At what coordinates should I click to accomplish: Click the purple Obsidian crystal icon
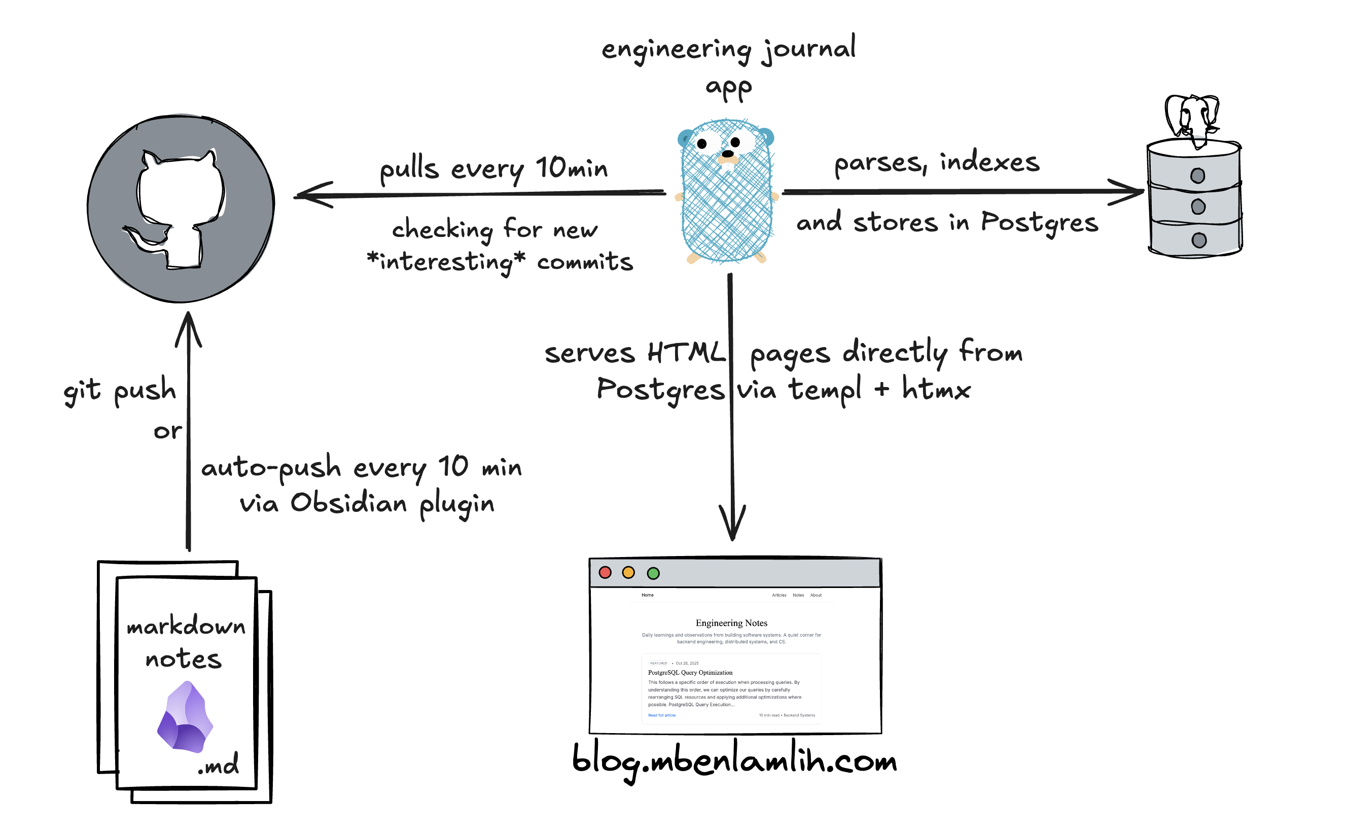click(185, 717)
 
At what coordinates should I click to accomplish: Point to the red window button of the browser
click(605, 573)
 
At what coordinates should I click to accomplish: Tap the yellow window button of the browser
click(628, 573)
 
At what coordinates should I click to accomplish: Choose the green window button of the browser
click(653, 573)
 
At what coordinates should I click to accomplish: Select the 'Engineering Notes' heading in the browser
click(731, 622)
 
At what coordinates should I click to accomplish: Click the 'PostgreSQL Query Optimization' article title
click(690, 672)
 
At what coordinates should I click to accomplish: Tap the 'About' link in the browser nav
click(816, 595)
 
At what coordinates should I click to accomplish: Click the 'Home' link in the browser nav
click(647, 595)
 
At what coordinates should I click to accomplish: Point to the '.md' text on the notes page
click(219, 765)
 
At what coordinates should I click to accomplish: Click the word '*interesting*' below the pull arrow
click(446, 262)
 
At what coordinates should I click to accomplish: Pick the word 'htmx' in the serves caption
click(936, 389)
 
